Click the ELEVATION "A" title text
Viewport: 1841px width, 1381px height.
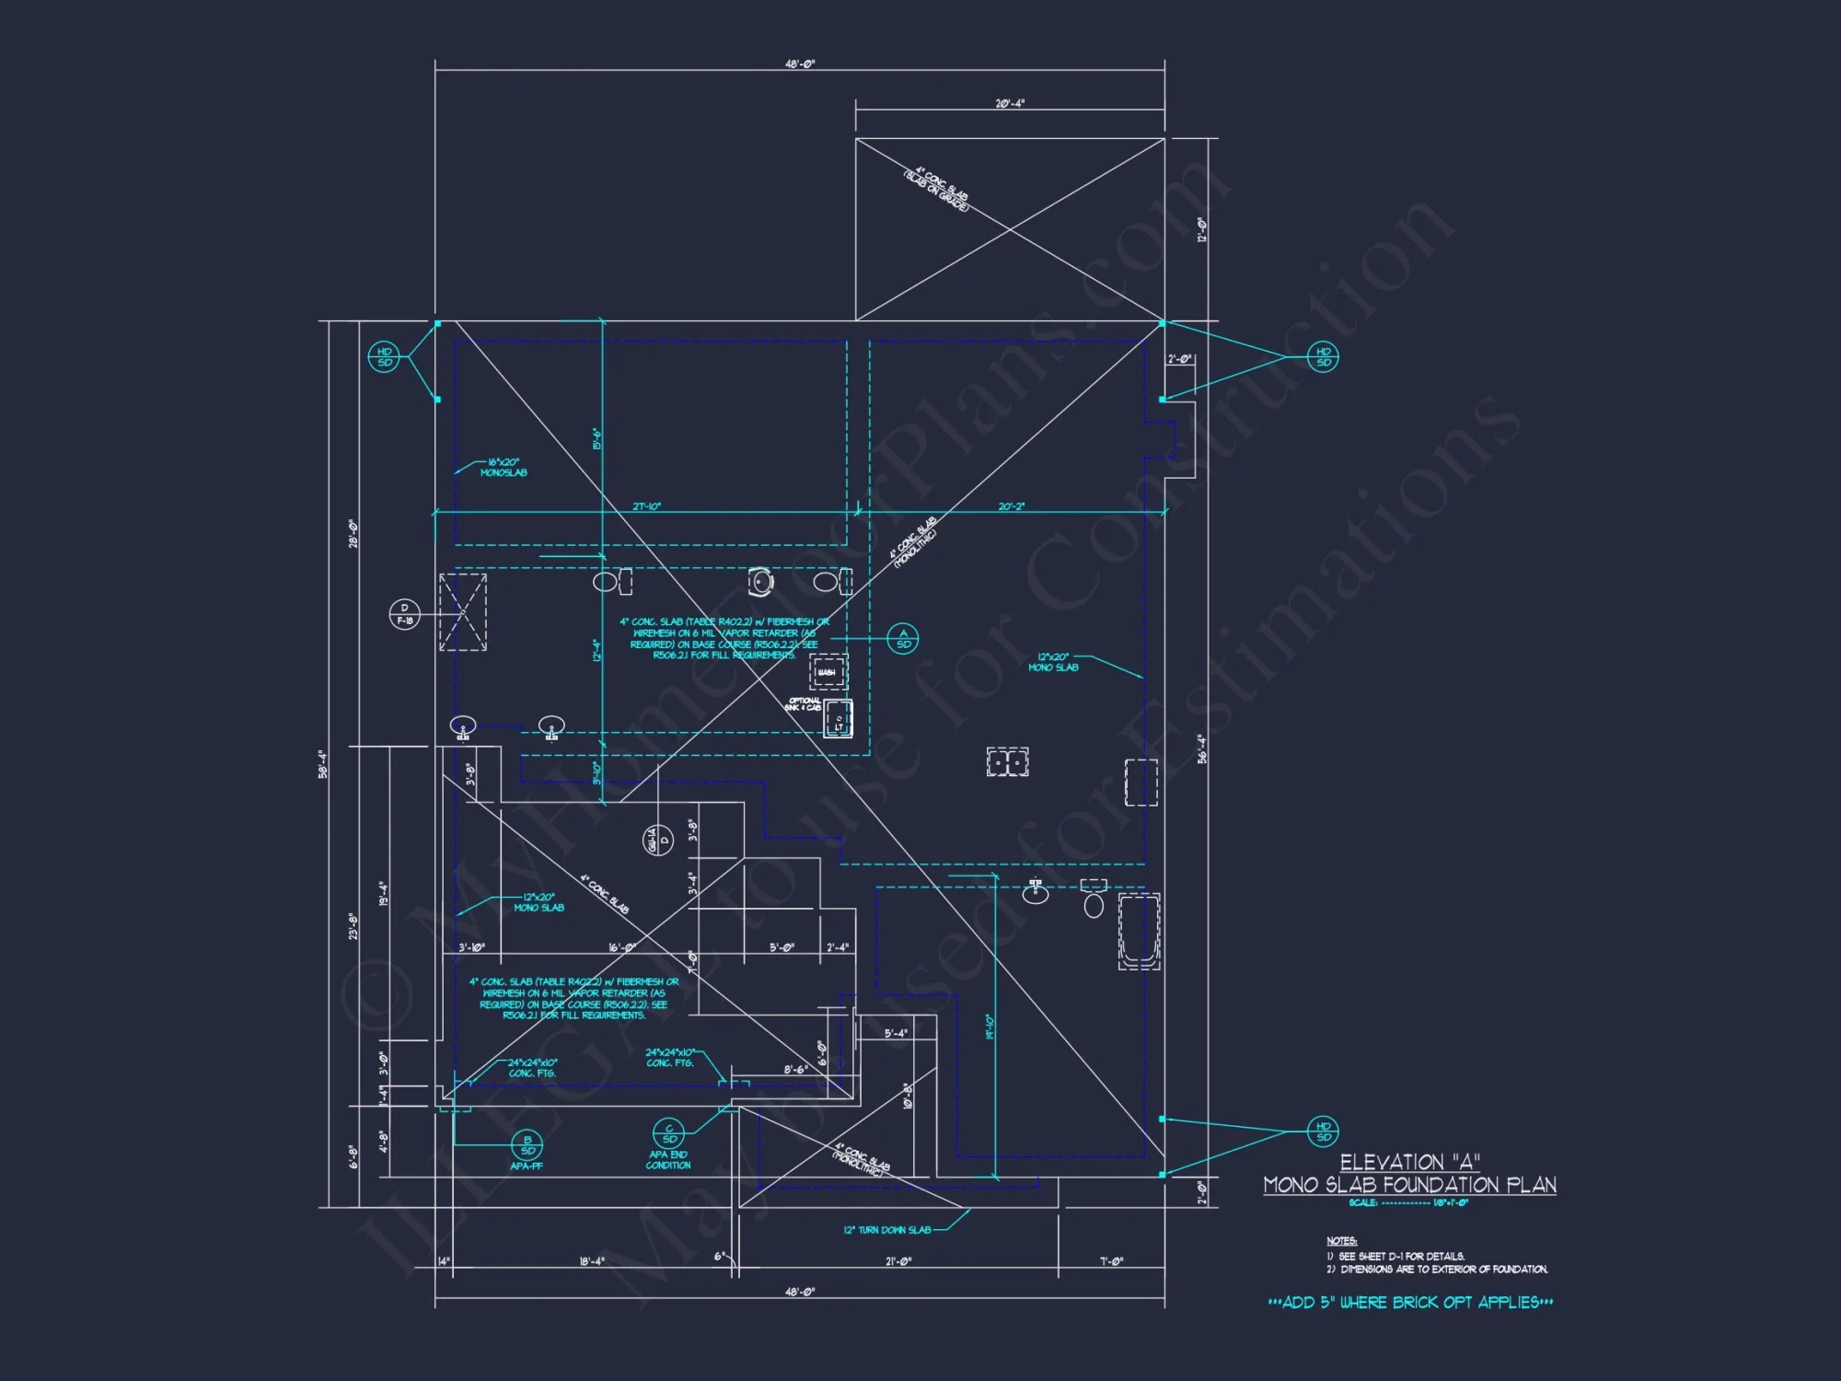click(1409, 1162)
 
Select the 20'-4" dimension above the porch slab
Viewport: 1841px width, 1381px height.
click(1010, 104)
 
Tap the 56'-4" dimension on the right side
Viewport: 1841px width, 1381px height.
click(1202, 749)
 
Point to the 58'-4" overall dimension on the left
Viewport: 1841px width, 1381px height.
click(322, 764)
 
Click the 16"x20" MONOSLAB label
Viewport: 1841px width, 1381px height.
click(504, 468)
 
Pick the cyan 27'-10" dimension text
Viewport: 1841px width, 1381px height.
click(646, 507)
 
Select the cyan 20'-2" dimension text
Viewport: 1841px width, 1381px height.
click(1011, 507)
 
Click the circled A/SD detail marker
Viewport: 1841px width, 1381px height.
click(903, 638)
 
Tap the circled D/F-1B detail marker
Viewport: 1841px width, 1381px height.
click(404, 614)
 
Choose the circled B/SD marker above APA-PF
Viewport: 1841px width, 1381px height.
click(527, 1145)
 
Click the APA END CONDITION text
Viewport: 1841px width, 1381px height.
click(668, 1160)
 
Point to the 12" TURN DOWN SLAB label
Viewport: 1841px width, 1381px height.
click(887, 1230)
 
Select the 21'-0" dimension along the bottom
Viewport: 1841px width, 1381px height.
click(898, 1261)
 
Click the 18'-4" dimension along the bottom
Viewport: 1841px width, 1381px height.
click(592, 1261)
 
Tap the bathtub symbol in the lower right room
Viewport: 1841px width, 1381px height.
click(1139, 931)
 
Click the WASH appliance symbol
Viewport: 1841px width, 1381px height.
click(828, 672)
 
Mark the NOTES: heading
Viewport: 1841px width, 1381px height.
click(1342, 1241)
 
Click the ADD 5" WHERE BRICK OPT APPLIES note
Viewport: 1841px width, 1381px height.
click(1410, 1303)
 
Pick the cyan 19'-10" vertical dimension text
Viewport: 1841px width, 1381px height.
click(990, 1027)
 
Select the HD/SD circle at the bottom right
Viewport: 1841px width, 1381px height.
click(1323, 1131)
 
